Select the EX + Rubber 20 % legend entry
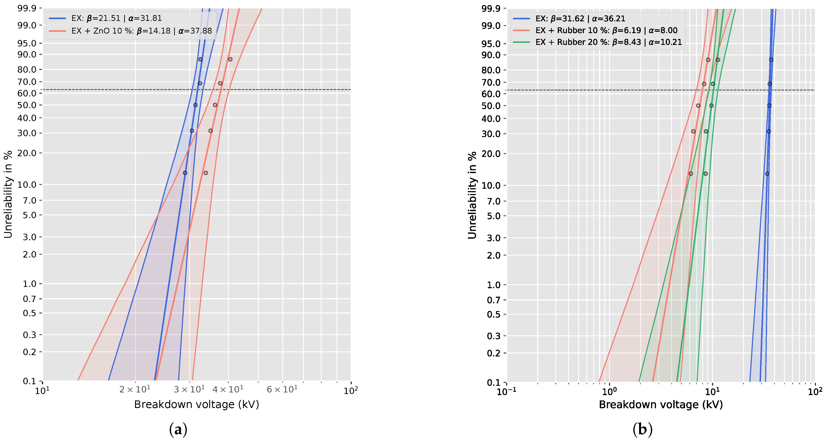608,42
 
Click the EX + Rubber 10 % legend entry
606,30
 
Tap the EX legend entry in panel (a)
116,18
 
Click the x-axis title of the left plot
196,404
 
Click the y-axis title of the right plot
472,195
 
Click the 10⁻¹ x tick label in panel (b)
506,391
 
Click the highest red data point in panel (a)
230,59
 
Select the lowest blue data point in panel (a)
185,173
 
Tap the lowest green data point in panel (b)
705,174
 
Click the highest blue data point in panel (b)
771,60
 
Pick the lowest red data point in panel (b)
691,174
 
